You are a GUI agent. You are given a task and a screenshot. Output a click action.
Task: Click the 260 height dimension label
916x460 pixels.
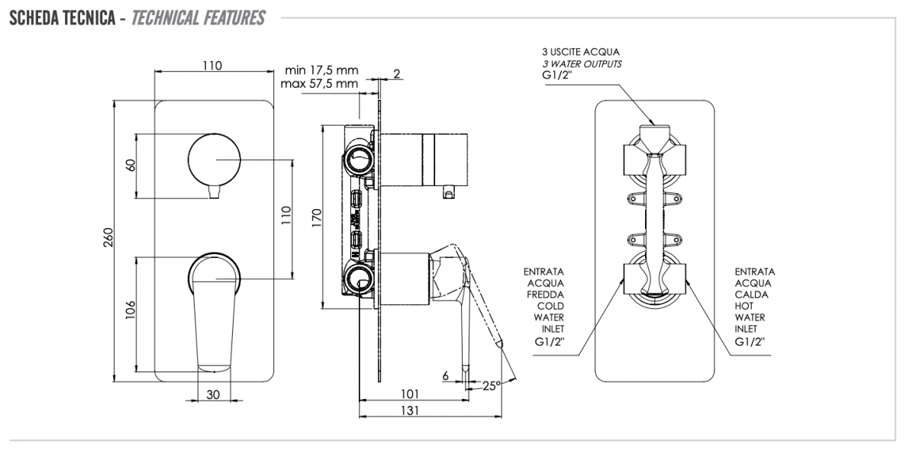pos(108,238)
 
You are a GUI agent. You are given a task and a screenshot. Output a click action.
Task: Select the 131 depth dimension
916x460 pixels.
pos(410,410)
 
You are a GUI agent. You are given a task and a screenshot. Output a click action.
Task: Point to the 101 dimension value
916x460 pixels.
pos(410,394)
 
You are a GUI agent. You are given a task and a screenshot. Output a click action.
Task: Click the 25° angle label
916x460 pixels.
pos(492,385)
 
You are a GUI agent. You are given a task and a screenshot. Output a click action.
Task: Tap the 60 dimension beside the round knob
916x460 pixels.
pos(131,165)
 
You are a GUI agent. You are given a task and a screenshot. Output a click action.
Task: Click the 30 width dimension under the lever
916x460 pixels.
pos(213,394)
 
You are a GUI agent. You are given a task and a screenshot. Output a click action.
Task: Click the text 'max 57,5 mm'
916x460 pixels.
pos(319,82)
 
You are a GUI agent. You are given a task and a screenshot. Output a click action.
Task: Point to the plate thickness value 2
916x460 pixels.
pos(397,73)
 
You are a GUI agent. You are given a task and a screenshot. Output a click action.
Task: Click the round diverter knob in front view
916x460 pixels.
pos(213,159)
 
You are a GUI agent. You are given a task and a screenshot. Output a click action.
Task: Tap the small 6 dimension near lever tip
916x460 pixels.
pos(445,375)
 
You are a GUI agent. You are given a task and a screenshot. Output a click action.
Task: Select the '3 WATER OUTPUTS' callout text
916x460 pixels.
pos(582,64)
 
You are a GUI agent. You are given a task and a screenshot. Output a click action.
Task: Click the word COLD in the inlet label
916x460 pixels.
pos(550,306)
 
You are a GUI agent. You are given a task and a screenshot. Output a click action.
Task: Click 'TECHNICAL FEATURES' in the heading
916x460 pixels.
pos(198,18)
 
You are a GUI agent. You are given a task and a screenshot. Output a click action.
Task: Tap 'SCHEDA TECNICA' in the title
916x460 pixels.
pos(61,18)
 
